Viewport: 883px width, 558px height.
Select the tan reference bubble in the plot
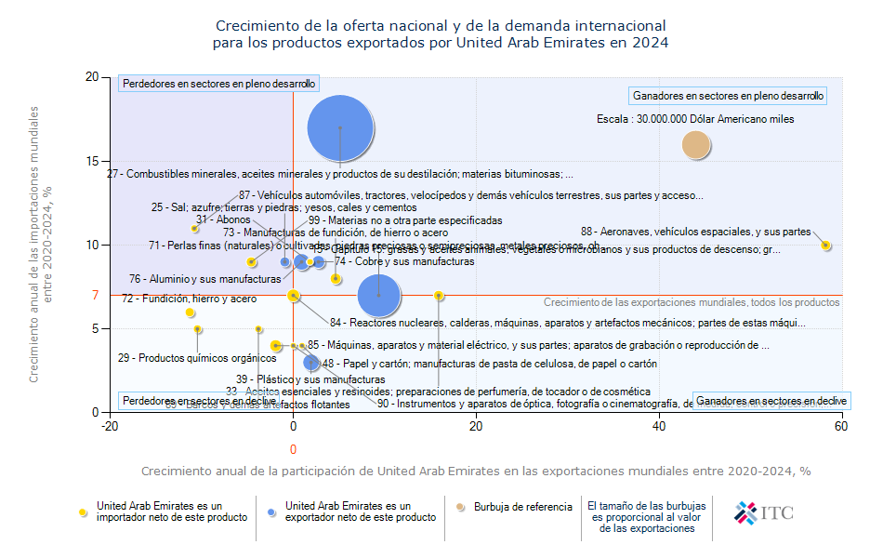click(x=696, y=144)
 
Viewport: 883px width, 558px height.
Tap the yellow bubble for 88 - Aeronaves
click(x=825, y=246)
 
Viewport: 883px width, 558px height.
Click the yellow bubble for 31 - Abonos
click(x=195, y=228)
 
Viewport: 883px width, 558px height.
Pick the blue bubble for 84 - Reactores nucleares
click(x=378, y=295)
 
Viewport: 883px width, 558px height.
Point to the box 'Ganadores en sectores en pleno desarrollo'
click(x=728, y=96)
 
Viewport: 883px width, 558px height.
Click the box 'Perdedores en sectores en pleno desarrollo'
click(x=218, y=84)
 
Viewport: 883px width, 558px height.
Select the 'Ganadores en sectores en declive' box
click(x=771, y=400)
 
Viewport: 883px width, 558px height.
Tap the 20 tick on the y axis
click(x=92, y=77)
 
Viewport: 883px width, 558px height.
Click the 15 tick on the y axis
click(x=92, y=161)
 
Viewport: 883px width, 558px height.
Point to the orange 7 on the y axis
click(x=95, y=295)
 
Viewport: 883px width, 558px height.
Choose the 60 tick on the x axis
click(x=841, y=427)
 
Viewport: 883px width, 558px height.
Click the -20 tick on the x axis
click(x=110, y=427)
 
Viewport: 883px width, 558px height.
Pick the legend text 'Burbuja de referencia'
click(x=522, y=507)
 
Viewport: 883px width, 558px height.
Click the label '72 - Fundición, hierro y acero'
click(x=189, y=299)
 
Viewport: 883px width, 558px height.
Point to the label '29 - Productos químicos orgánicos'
click(x=183, y=358)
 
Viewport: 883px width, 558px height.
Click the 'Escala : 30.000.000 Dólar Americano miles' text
click(x=695, y=119)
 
